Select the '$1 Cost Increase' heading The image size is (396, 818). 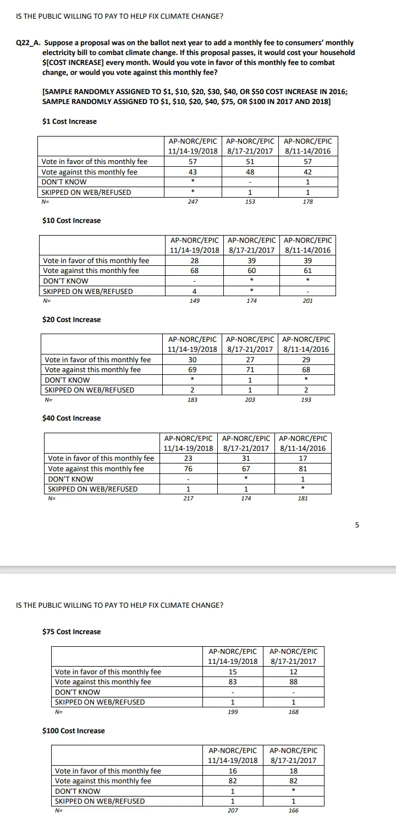pos(69,122)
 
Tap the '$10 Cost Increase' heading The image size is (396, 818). pos(71,221)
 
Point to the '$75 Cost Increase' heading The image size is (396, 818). pos(71,632)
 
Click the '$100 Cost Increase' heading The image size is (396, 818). pos(73,731)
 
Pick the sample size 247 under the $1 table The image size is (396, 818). pos(193,202)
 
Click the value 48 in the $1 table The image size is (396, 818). pos(250,172)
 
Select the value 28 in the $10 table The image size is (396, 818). pos(194,260)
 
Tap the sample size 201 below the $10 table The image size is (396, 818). pos(307,301)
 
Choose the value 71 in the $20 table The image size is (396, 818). pos(250,370)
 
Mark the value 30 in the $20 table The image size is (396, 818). pos(193,360)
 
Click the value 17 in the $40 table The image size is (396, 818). pos(302,459)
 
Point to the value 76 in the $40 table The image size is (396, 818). pos(188,469)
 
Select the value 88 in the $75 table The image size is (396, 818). pos(293,682)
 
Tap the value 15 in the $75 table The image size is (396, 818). pos(233,672)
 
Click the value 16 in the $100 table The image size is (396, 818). pos(233,771)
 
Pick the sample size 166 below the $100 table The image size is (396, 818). pos(293,811)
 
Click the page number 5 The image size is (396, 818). pos(356,525)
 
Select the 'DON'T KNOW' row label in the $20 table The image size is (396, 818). pos(67,380)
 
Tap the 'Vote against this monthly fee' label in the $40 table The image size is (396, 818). pos(96,469)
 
